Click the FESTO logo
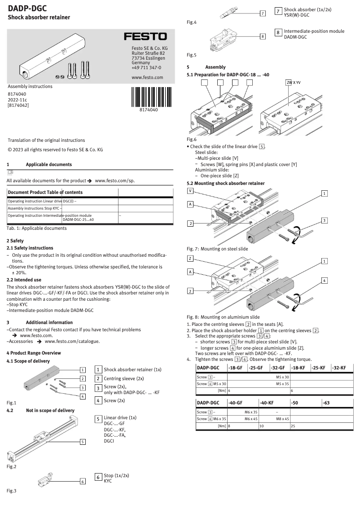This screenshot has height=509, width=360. coord(145,36)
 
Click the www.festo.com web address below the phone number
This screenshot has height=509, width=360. coord(147,77)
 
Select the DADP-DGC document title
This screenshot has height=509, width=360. coord(27,8)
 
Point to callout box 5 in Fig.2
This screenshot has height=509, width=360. coord(83,442)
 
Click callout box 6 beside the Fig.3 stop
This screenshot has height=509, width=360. coord(83,481)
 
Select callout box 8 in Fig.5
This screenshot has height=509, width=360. coord(263,35)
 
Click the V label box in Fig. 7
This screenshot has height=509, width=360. coord(191,190)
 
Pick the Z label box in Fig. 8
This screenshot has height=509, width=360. coord(191,259)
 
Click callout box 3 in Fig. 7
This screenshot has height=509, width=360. coord(325,220)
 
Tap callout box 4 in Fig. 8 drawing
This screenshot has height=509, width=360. coord(325,280)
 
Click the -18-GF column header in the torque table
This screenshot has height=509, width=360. coord(236,368)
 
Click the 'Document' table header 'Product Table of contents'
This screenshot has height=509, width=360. coord(45,192)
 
